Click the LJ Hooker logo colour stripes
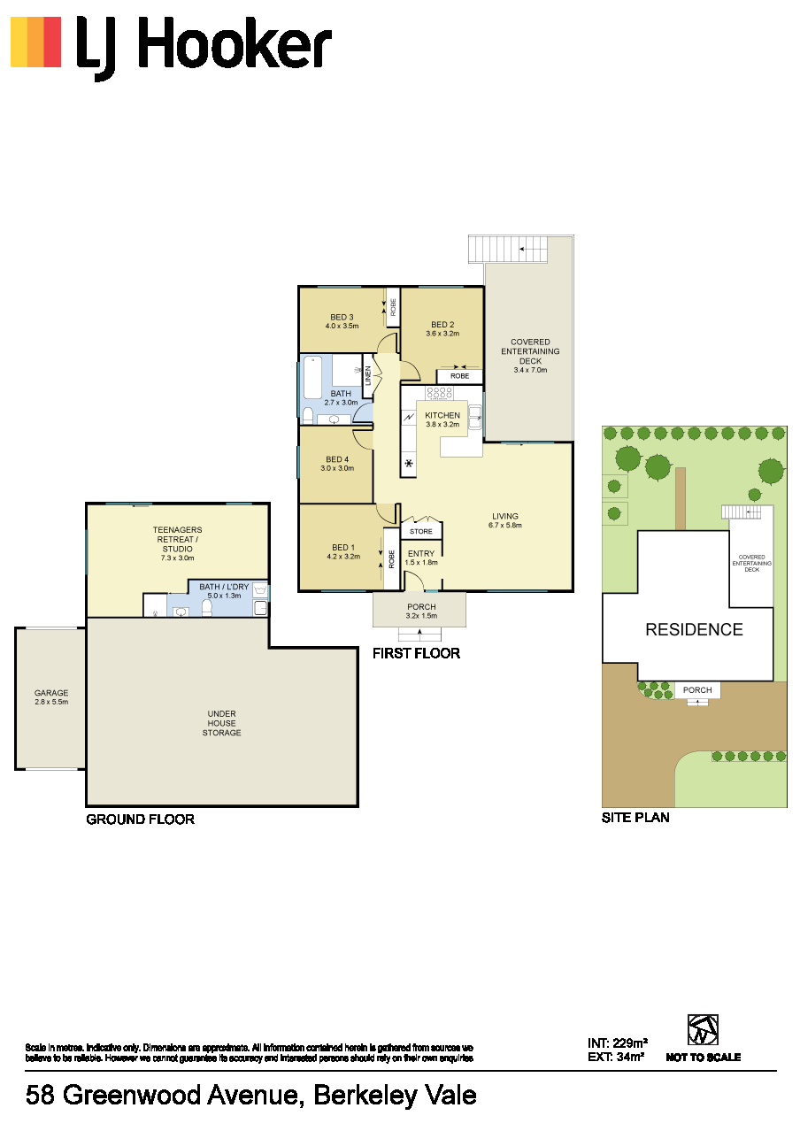[36, 42]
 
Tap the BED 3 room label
[342, 317]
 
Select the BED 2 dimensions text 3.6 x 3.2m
[442, 334]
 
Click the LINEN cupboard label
[367, 375]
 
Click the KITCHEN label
[442, 415]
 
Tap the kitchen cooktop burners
[439, 392]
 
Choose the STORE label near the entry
[421, 531]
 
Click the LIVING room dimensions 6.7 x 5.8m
[505, 525]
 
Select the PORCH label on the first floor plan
[422, 606]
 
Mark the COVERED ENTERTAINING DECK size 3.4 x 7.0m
[530, 370]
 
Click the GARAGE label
[51, 693]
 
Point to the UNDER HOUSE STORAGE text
[222, 723]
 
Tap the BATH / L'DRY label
[224, 587]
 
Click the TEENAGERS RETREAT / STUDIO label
[177, 539]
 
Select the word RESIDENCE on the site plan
[694, 629]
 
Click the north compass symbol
[703, 1030]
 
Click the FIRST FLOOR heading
[416, 653]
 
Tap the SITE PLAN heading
[635, 818]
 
